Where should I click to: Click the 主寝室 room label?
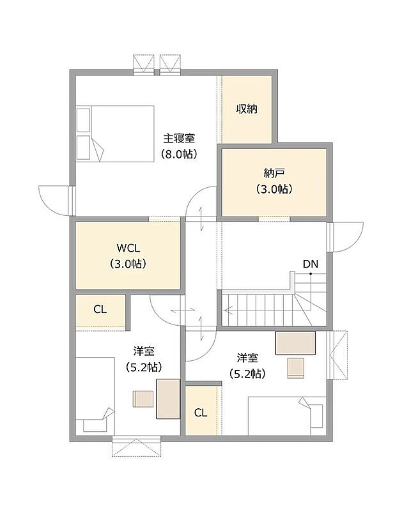(179, 139)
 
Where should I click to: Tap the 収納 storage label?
(247, 109)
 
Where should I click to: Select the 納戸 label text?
(274, 173)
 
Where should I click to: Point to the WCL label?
(128, 248)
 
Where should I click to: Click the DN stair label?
(311, 264)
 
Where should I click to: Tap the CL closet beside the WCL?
(100, 309)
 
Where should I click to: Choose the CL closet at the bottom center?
(201, 413)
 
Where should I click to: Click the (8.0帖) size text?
(179, 154)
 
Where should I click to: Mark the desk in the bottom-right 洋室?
(295, 343)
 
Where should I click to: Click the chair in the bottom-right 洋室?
(296, 368)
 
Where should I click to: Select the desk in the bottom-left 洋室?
(168, 399)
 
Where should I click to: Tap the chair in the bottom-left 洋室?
(143, 399)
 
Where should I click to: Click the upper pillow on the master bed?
(83, 120)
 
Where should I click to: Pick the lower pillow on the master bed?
(83, 148)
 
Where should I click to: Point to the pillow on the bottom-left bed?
(95, 425)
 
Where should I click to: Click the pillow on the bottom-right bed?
(316, 416)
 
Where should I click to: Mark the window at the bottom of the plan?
(137, 445)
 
